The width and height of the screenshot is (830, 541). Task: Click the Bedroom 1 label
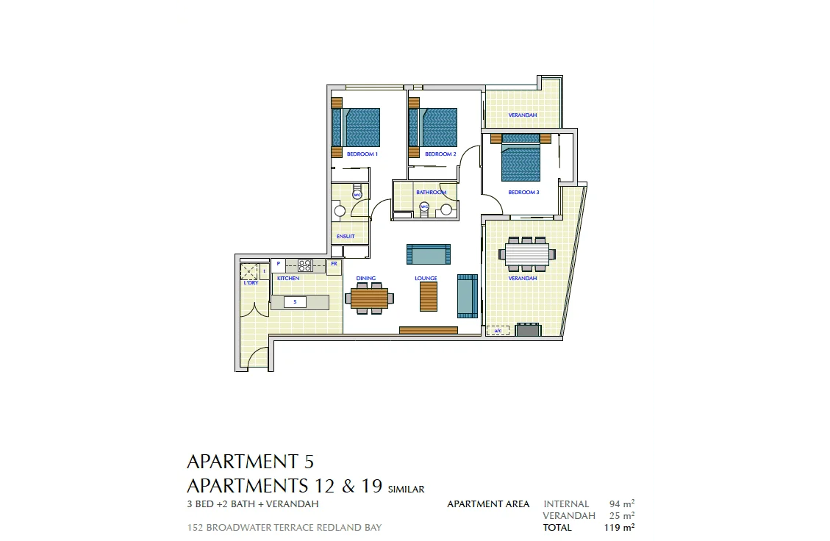tap(362, 154)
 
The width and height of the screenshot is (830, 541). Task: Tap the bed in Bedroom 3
tap(520, 162)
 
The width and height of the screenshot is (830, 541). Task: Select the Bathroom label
tap(432, 193)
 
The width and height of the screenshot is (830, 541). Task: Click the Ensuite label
tap(346, 237)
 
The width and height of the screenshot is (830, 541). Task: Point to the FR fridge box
tap(334, 263)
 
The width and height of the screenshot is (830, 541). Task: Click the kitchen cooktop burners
tap(306, 264)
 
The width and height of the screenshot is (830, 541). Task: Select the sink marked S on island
tap(295, 302)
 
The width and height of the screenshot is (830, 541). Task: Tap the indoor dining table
tap(369, 298)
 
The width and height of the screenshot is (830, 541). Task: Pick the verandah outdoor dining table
tap(529, 254)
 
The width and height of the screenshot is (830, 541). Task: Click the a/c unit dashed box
tap(498, 331)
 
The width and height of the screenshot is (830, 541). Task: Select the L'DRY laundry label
tap(251, 283)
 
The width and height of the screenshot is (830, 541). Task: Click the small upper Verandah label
tap(523, 115)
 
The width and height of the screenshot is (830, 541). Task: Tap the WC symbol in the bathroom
tap(423, 207)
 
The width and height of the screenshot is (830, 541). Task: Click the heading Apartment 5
tap(250, 462)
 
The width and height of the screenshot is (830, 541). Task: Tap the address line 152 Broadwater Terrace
tap(285, 528)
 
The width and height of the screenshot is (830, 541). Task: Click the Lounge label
tap(426, 279)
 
